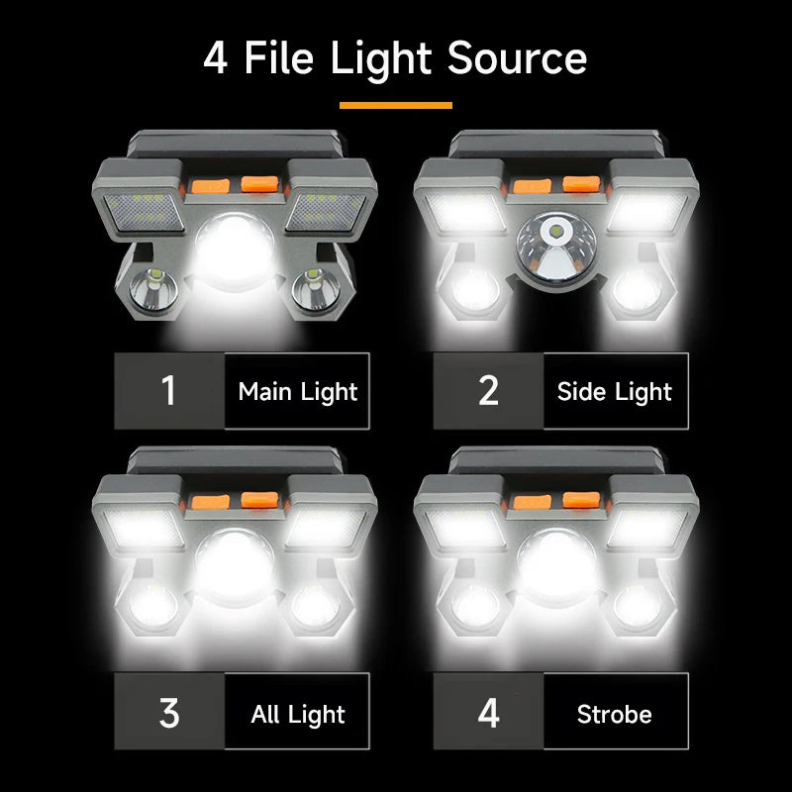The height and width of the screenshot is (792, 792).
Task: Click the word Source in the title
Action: point(517,58)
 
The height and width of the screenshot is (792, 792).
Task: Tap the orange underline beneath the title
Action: point(395,105)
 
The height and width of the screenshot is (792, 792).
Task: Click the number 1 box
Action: point(169,391)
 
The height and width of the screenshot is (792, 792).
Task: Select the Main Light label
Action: point(298,391)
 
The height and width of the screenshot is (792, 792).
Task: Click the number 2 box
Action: point(488,391)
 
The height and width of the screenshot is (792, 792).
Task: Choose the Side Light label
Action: point(615,391)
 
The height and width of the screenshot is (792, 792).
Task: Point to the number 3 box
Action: point(169,713)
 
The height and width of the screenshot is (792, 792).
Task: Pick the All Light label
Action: point(298,714)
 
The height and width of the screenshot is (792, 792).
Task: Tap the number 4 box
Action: point(488,713)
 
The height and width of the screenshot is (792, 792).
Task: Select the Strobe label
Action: point(615,714)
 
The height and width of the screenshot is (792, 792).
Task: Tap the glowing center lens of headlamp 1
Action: point(238,247)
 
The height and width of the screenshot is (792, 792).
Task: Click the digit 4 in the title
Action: point(215,58)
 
